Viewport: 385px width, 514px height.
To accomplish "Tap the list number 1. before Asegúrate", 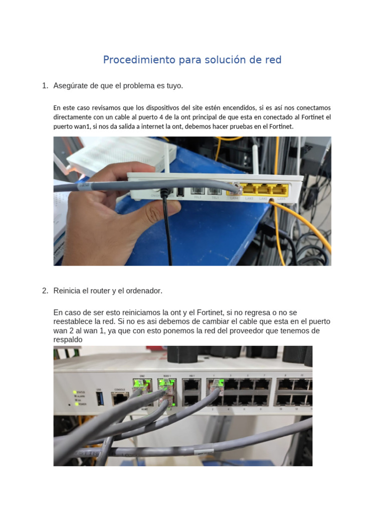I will coord(45,86).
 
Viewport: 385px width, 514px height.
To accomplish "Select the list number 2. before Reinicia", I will coord(45,291).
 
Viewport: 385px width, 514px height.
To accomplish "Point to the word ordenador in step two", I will coord(144,291).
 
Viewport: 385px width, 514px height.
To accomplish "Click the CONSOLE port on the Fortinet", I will coord(120,399).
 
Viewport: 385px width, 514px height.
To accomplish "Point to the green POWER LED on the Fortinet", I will coord(75,403).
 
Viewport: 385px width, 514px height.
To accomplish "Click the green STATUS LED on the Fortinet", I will coord(75,392).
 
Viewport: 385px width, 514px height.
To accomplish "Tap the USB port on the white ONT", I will coord(179,192).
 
